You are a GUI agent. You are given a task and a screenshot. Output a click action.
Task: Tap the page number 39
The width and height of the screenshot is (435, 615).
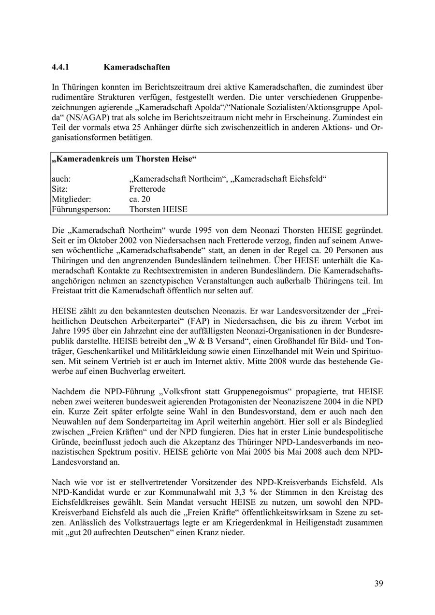pyautogui.click(x=378, y=584)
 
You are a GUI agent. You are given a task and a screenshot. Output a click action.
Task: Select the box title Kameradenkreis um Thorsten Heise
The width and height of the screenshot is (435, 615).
pyautogui.click(x=124, y=159)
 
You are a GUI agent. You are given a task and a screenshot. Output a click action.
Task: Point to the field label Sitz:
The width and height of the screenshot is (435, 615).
pyautogui.click(x=60, y=189)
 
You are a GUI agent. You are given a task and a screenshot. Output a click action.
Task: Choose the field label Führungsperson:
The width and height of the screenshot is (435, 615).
pyautogui.click(x=81, y=210)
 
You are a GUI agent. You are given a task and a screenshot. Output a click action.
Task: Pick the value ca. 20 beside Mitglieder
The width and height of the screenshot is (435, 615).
pyautogui.click(x=140, y=199)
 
